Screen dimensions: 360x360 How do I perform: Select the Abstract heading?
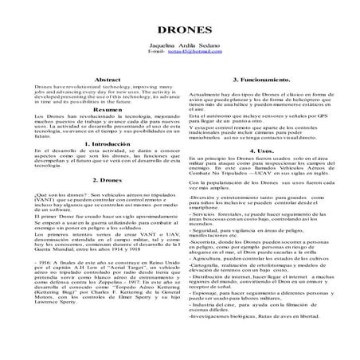tap(108, 80)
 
